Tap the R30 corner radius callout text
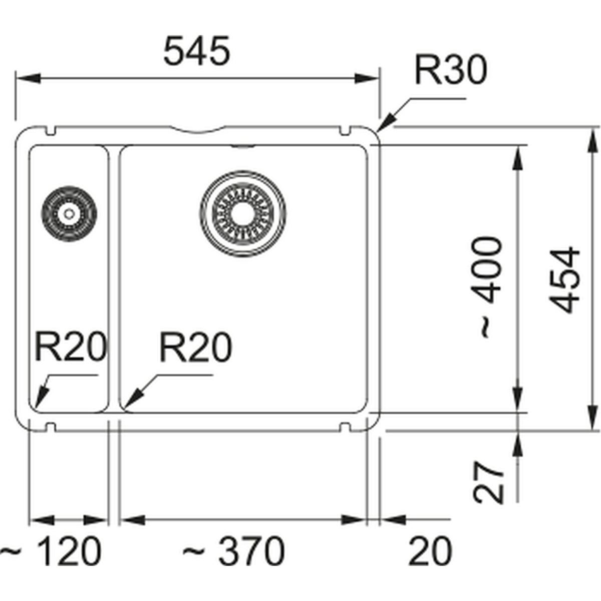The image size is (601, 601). point(450,71)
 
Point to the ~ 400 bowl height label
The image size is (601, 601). point(489,287)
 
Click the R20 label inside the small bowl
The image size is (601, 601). point(71,348)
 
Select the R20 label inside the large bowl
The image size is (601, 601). point(195,348)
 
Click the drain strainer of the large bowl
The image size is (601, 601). point(243,210)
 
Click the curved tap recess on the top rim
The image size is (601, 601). point(198,129)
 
